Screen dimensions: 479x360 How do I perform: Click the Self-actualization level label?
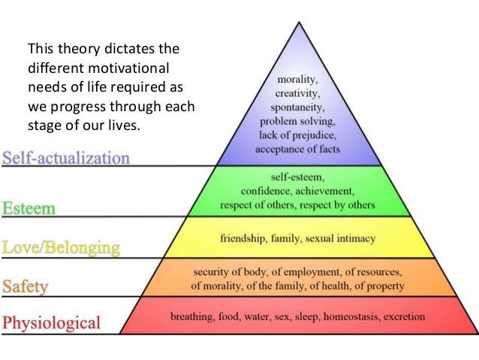pyautogui.click(x=66, y=159)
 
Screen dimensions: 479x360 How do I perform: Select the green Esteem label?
pyautogui.click(x=29, y=207)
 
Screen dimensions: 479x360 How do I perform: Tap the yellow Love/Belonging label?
pyautogui.click(x=61, y=247)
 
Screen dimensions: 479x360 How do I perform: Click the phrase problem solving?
pyautogui.click(x=299, y=120)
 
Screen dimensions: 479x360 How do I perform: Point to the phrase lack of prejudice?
pyautogui.click(x=299, y=135)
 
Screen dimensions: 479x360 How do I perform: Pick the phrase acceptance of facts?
pyautogui.click(x=299, y=149)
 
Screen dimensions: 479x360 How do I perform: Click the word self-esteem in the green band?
pyautogui.click(x=299, y=177)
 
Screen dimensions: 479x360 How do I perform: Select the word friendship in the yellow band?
pyautogui.click(x=243, y=237)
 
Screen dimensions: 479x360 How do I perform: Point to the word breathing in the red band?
pyautogui.click(x=192, y=316)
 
